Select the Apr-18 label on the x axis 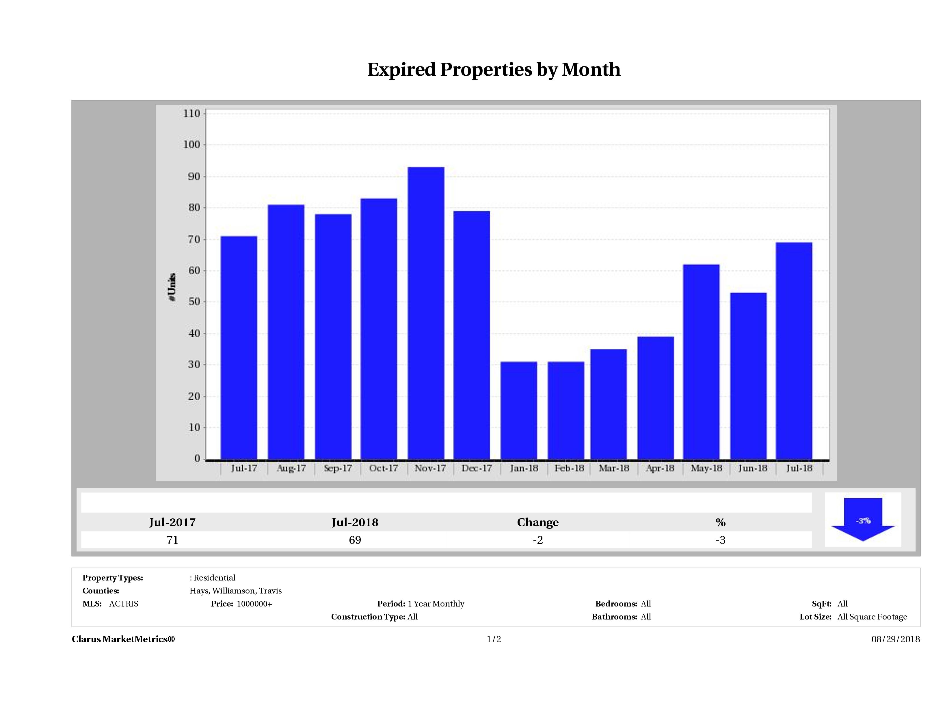coord(660,468)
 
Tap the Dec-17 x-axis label coord(477,468)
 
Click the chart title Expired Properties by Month coord(494,70)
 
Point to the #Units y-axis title coord(172,287)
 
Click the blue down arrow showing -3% coord(863,521)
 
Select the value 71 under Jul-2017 coord(172,540)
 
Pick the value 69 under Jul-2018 coord(355,540)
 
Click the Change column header coord(538,522)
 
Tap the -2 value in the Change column coord(538,540)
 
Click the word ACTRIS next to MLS coord(123,604)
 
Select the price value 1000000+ coord(254,604)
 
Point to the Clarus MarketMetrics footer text coord(123,639)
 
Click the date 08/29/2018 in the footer coord(895,639)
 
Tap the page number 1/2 coord(494,639)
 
